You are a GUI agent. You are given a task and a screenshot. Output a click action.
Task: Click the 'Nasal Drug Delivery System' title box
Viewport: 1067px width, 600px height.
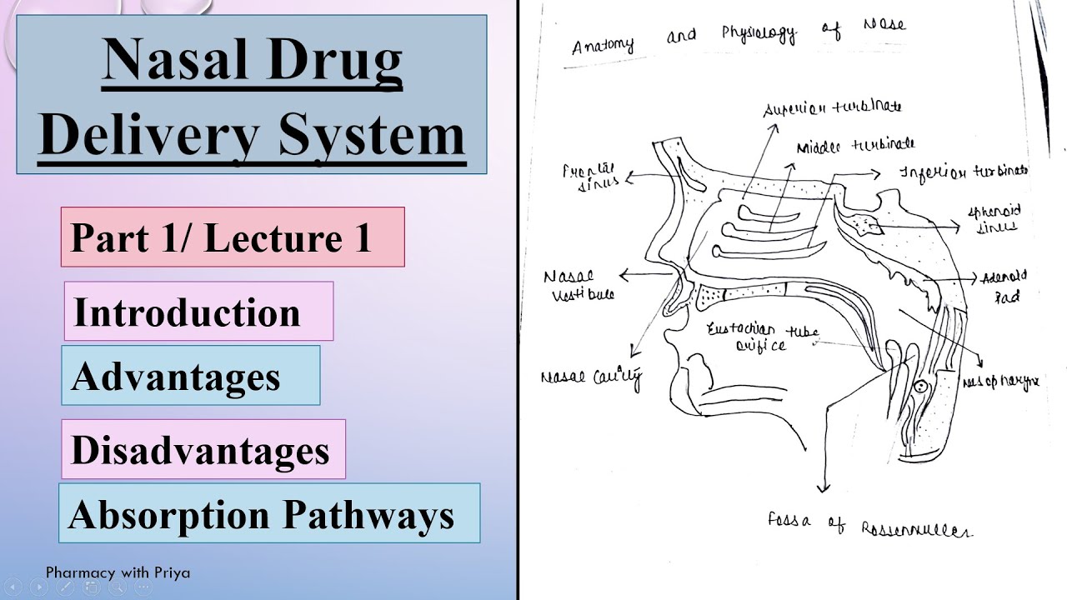pos(251,94)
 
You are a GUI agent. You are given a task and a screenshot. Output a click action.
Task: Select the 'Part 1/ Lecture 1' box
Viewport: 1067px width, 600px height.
pos(233,237)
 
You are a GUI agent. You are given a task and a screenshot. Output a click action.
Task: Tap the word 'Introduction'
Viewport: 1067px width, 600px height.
pos(187,312)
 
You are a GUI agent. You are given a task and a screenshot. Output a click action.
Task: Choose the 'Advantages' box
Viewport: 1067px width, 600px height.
pos(190,376)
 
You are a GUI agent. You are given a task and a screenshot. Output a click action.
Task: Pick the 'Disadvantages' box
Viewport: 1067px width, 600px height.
pos(203,450)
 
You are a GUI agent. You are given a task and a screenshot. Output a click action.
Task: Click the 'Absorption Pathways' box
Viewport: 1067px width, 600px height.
pos(269,513)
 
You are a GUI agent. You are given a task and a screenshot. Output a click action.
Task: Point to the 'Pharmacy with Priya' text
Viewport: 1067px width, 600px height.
pos(118,572)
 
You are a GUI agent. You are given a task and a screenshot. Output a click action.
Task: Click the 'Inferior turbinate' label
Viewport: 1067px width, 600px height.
pos(963,172)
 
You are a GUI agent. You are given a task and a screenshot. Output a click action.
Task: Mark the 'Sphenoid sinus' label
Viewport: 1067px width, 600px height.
pos(993,219)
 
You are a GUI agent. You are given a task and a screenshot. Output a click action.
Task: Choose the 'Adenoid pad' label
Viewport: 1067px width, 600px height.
pos(1004,286)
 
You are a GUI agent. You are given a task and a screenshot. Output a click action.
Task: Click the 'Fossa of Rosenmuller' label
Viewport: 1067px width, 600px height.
pos(869,525)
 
